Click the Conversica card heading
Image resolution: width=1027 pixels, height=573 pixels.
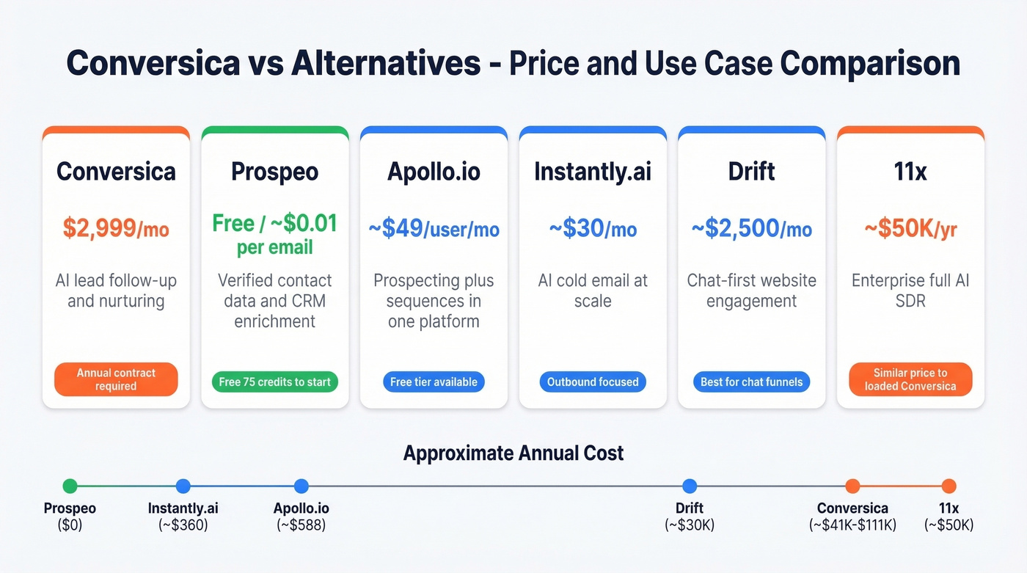click(116, 172)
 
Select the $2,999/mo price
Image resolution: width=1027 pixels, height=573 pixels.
click(116, 229)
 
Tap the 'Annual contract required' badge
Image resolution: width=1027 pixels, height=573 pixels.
click(116, 379)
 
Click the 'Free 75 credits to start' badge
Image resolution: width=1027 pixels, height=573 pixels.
click(275, 382)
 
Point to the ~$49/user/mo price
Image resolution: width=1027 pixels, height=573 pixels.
click(434, 229)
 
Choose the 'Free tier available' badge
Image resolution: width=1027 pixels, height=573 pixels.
click(434, 382)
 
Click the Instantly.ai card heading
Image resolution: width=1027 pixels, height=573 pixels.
click(593, 172)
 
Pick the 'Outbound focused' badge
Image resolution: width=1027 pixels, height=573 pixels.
click(593, 382)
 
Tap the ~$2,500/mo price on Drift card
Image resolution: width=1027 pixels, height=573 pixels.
click(752, 229)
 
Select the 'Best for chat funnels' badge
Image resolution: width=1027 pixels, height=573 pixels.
click(751, 382)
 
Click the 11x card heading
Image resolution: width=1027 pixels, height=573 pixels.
click(910, 172)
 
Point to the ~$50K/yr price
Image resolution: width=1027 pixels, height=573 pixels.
click(910, 229)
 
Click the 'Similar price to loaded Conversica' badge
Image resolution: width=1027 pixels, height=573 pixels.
click(910, 379)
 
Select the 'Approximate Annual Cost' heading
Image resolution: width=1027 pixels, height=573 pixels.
click(513, 453)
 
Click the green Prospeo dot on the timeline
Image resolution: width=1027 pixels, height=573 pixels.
click(70, 486)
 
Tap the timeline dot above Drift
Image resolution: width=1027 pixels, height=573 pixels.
click(689, 486)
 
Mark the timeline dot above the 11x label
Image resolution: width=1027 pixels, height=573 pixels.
click(949, 486)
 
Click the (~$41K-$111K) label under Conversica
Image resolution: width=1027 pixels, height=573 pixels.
click(852, 525)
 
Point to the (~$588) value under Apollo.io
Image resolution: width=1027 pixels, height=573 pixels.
click(301, 525)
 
